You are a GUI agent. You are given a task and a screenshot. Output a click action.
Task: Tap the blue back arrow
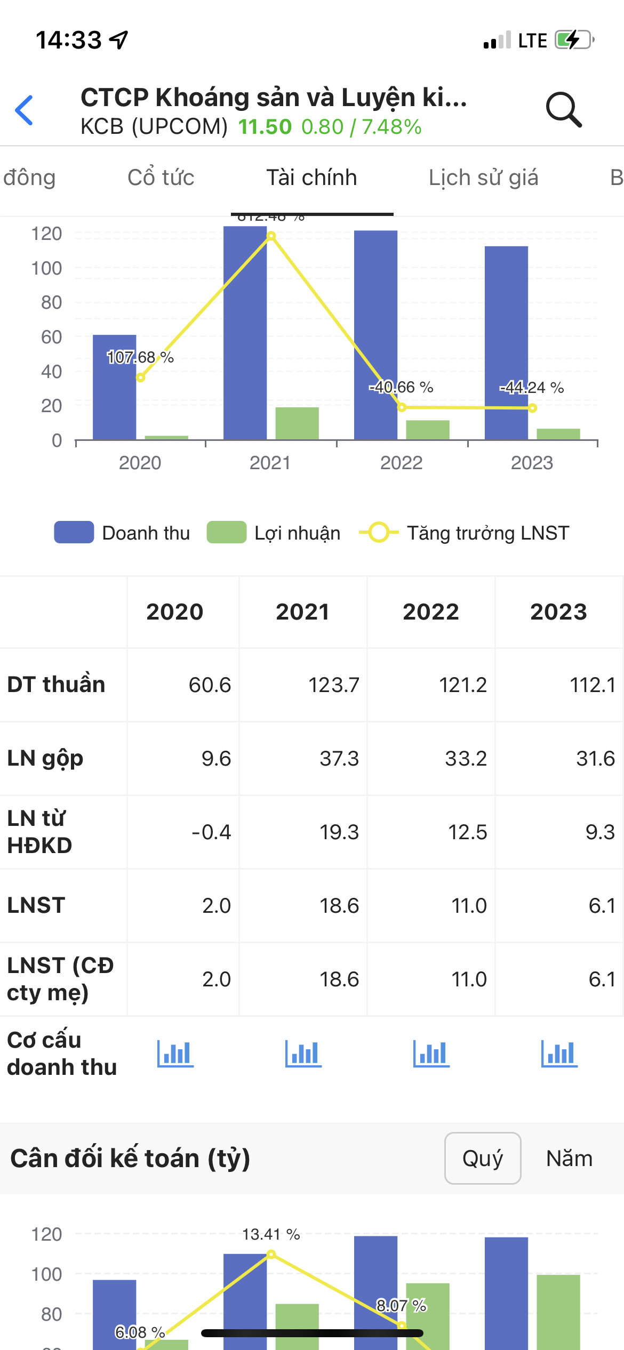[25, 110]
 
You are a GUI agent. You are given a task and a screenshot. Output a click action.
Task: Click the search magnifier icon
[563, 109]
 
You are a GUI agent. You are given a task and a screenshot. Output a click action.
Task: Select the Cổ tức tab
[161, 178]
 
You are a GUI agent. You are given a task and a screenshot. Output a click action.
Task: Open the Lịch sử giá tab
[483, 178]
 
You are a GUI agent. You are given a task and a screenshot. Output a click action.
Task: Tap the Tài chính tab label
[311, 178]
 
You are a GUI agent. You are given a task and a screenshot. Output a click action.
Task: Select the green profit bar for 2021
[297, 423]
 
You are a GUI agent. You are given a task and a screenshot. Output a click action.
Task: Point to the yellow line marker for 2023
[532, 408]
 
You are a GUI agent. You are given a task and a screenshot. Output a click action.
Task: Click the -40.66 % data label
[401, 387]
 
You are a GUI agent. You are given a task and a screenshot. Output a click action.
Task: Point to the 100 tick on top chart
[47, 268]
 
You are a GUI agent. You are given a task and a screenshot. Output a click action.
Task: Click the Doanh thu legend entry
[123, 533]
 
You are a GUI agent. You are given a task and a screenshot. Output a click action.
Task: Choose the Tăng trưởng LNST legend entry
[464, 533]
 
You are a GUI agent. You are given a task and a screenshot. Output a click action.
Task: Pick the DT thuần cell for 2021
[333, 685]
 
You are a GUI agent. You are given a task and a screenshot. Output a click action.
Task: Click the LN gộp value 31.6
[595, 758]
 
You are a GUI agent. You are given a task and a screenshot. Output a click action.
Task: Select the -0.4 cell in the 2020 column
[211, 832]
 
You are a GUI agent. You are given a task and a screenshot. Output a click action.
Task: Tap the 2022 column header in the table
[430, 612]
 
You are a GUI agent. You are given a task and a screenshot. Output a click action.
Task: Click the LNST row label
[36, 905]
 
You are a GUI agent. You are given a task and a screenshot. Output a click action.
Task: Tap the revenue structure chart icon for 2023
[559, 1054]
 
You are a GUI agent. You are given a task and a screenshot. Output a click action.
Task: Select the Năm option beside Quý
[569, 1158]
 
